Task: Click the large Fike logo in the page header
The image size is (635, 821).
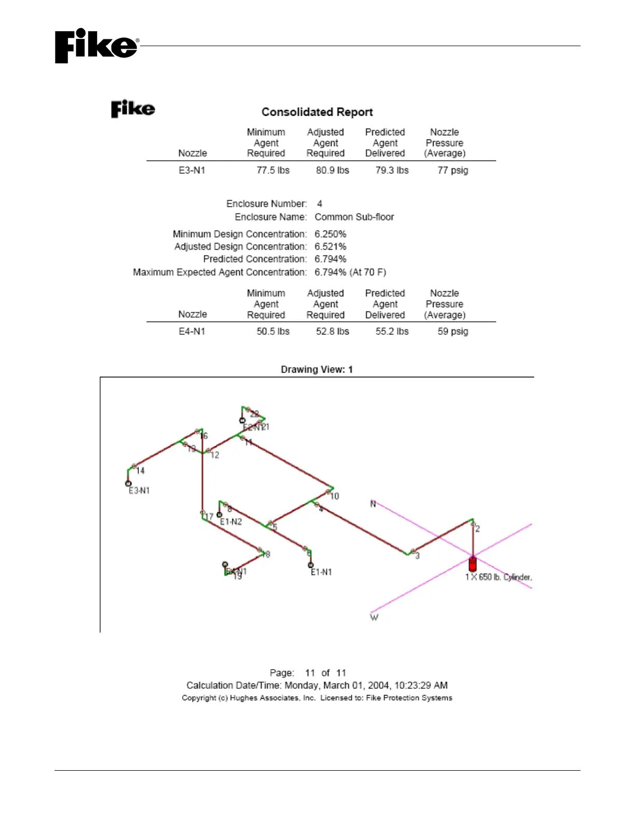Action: [x=96, y=46]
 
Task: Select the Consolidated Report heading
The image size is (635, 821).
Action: [x=317, y=112]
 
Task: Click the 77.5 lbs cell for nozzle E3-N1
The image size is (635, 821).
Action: [x=273, y=170]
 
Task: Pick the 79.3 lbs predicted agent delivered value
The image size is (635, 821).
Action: [x=392, y=170]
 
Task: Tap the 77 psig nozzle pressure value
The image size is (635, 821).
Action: [x=452, y=170]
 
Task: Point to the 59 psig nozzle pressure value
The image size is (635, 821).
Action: [x=452, y=331]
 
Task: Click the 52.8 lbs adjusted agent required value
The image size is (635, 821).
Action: [x=333, y=331]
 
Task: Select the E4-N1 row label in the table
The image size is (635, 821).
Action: [x=192, y=331]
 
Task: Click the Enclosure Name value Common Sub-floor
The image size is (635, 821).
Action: [x=354, y=217]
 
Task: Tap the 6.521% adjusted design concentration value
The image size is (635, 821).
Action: [x=330, y=246]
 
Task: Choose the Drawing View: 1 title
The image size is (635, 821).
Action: [x=316, y=370]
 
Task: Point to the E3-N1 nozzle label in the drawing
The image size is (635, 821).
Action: [x=139, y=490]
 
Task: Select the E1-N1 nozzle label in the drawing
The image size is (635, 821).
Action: [x=321, y=572]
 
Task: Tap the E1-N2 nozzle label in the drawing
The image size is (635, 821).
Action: [x=231, y=521]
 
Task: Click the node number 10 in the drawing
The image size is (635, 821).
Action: [x=335, y=496]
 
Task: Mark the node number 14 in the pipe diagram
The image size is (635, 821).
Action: [x=140, y=471]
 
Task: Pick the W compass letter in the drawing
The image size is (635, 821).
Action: [x=374, y=617]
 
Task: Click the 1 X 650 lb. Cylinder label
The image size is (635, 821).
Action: [x=498, y=577]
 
